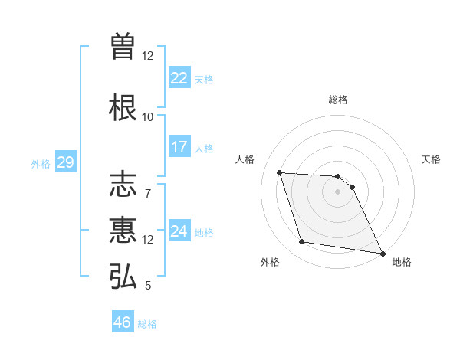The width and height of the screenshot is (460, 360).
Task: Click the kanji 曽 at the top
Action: point(123,47)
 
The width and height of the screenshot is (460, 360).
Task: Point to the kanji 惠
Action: point(123,231)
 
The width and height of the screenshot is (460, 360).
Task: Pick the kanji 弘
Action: point(123,277)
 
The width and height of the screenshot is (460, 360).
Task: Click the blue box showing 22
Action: point(179,78)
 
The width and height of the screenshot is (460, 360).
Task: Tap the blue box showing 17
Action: point(179,147)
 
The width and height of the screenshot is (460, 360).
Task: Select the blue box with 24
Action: point(179,231)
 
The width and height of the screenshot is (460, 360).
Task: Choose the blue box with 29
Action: point(65,162)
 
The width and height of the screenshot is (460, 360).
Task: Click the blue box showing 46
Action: point(122,322)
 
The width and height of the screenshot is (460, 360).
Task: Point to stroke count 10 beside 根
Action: point(147,117)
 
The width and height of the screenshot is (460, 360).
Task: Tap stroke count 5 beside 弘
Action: point(147,286)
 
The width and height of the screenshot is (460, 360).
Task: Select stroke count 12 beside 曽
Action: point(147,56)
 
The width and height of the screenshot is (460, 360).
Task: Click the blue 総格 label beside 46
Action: point(147,324)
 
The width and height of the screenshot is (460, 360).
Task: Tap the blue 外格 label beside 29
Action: point(41,163)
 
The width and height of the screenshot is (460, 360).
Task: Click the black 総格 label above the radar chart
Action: point(338,100)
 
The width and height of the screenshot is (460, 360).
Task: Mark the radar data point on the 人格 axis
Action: point(280,172)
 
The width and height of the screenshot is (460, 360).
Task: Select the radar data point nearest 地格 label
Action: point(382,252)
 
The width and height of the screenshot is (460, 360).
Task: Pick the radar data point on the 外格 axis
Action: point(302,242)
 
